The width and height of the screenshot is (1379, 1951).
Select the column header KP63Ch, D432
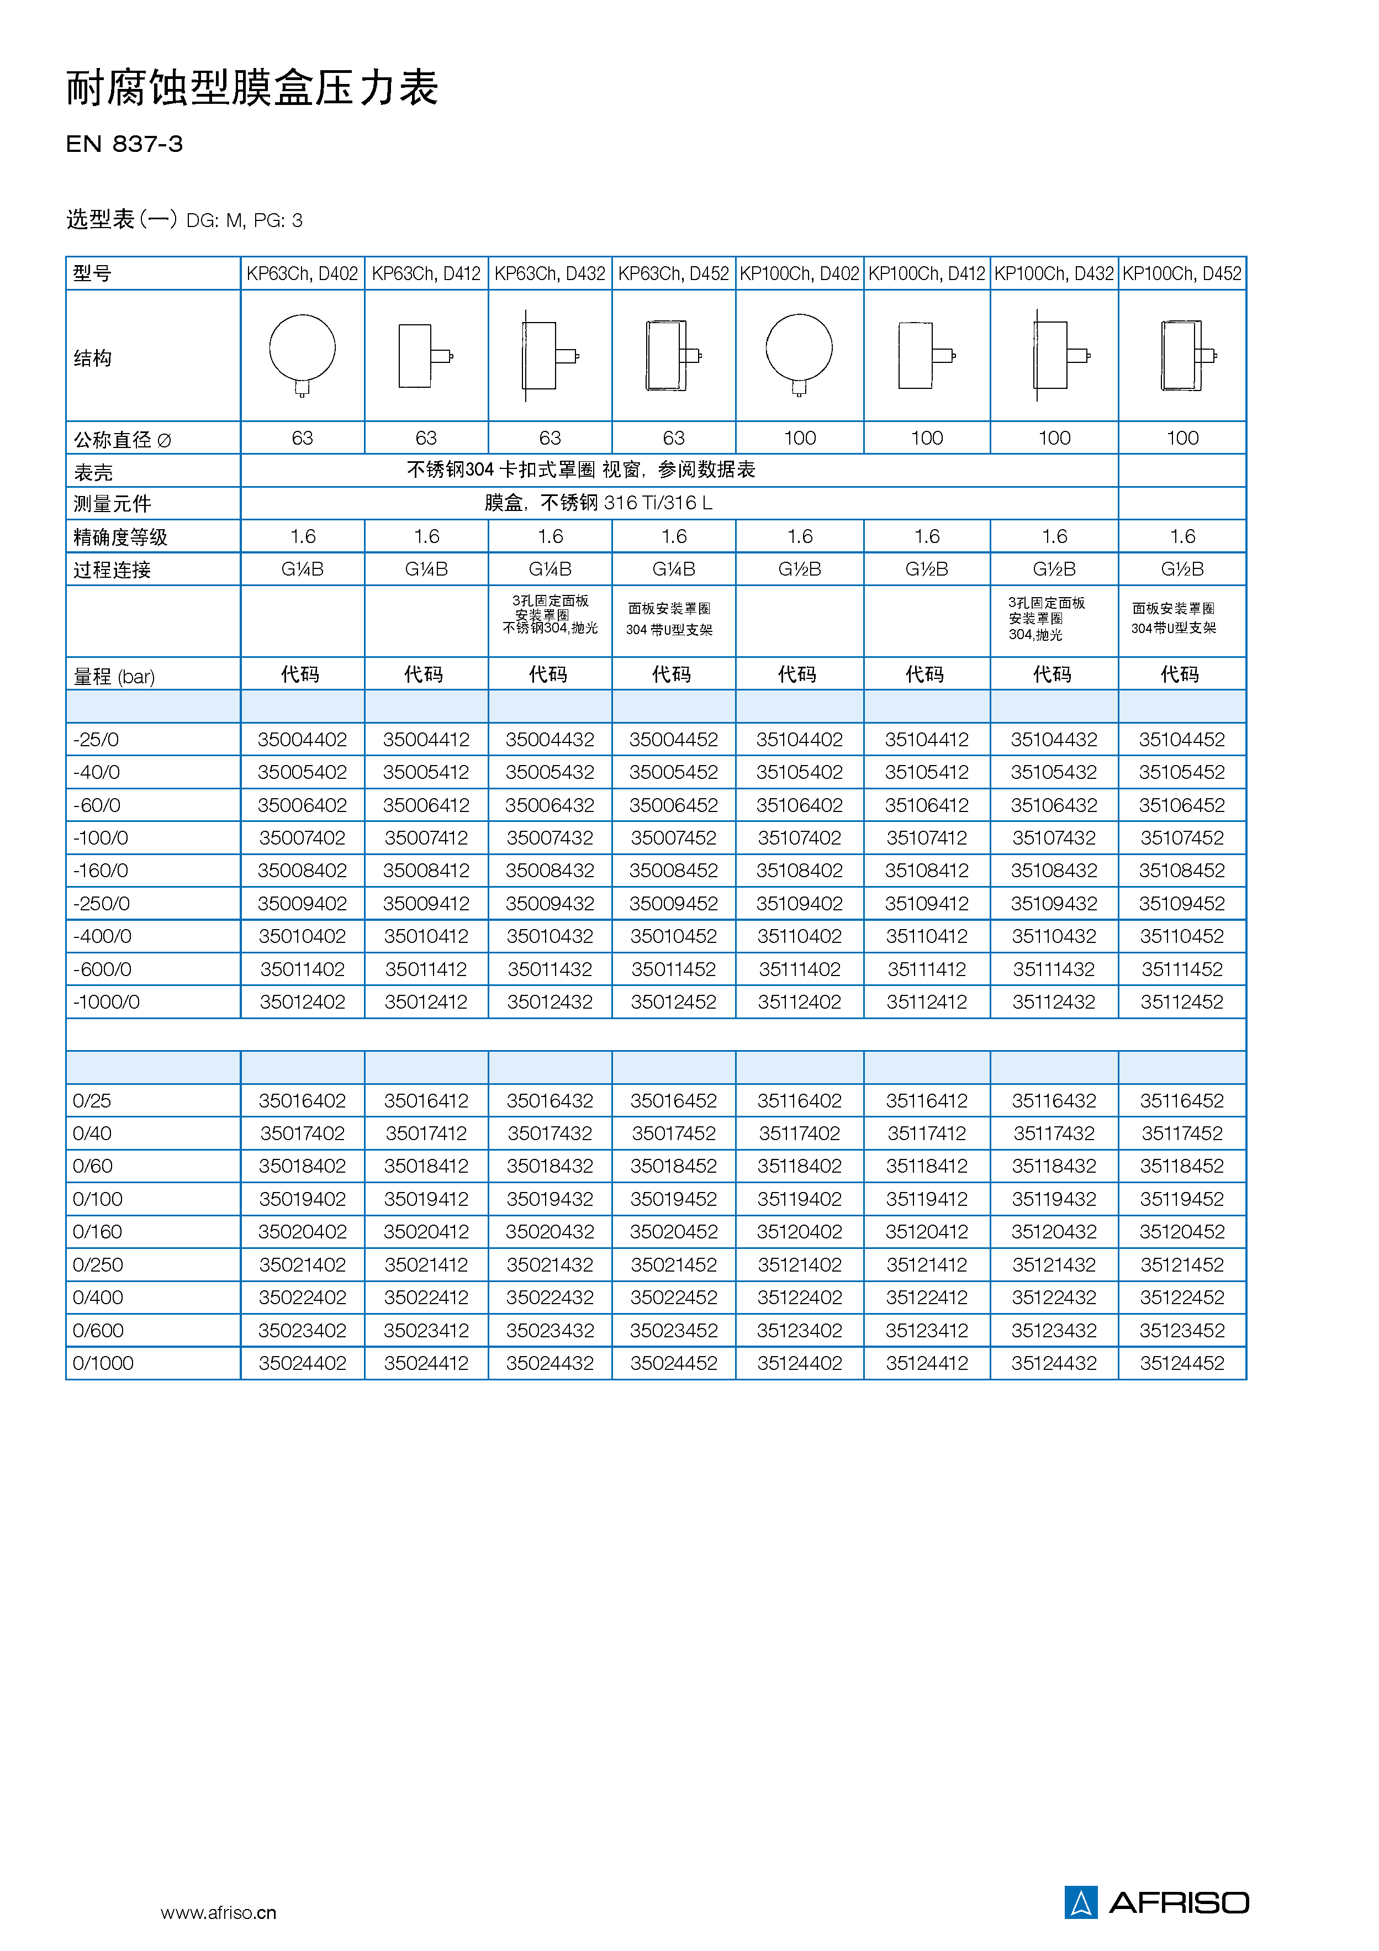pos(550,273)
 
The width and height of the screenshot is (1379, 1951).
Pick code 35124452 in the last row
pos(1182,1363)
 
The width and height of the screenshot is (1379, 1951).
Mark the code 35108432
pos(1054,870)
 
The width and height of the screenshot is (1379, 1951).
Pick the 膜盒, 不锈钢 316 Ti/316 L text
pos(598,503)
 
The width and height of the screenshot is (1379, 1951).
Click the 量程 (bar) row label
pos(114,677)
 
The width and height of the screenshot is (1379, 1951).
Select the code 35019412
pos(426,1199)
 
